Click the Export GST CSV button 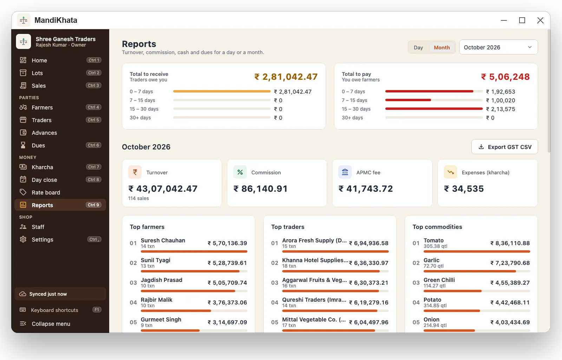pos(504,147)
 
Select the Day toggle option pos(418,47)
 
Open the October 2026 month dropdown pos(498,47)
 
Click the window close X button pos(540,20)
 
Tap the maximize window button pos(522,20)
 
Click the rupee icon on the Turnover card pos(135,172)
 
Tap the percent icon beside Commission pos(240,172)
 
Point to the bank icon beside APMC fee pos(345,172)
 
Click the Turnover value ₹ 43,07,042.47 pos(163,189)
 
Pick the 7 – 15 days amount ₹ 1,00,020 pos(501,101)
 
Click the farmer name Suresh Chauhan pos(163,240)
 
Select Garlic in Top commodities pos(431,260)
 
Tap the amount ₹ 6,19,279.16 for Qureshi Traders pos(368,302)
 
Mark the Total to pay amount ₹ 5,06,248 pos(505,77)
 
